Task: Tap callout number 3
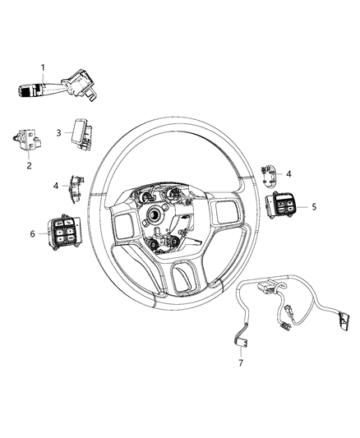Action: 59,131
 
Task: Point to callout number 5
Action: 315,207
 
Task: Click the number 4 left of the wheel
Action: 57,186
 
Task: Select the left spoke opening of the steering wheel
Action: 129,225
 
